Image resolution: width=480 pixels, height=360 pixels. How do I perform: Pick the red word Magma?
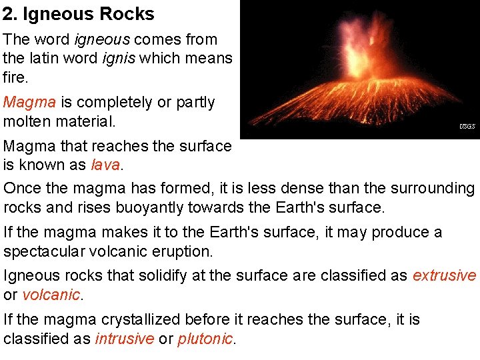[29, 103]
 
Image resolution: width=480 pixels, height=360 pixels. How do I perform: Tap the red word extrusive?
[445, 276]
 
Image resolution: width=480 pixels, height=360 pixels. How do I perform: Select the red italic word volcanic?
[51, 295]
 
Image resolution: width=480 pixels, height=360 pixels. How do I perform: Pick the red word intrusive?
[123, 339]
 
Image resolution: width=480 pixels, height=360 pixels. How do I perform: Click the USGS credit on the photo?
[467, 126]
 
